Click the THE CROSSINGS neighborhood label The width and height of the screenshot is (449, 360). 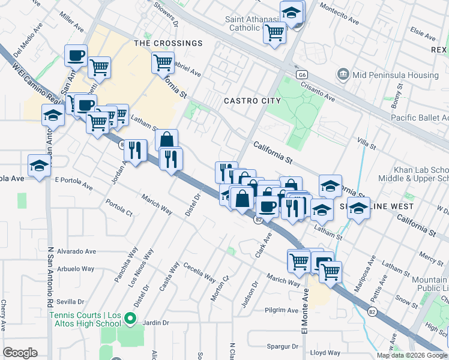[x=168, y=43]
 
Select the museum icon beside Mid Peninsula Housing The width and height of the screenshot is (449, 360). [x=343, y=75]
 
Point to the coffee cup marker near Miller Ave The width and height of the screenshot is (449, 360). [x=76, y=56]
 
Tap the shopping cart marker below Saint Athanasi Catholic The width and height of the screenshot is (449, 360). [x=274, y=32]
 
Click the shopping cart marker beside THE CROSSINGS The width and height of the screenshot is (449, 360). [x=163, y=62]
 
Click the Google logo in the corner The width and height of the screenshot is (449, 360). [x=20, y=353]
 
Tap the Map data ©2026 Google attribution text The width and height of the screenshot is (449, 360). [x=412, y=355]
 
